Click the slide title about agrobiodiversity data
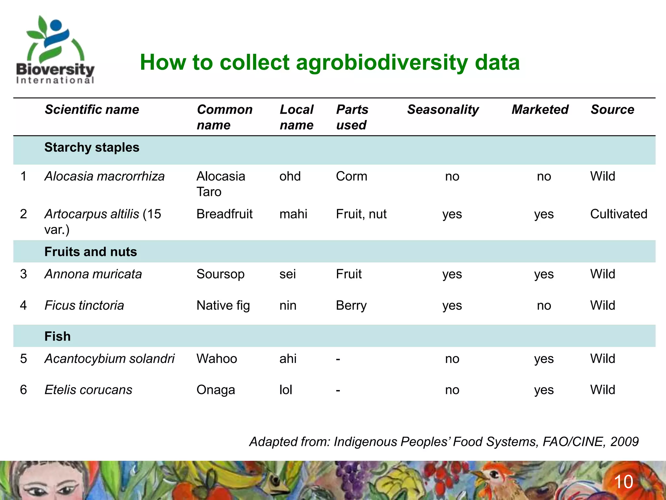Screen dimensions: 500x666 [x=329, y=62]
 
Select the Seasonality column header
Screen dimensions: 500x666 [x=443, y=109]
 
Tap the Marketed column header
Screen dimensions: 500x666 [x=540, y=109]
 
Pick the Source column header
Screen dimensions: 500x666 [x=612, y=109]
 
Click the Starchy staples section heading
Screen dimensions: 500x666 [x=92, y=147]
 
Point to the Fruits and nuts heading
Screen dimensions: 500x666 [x=90, y=252]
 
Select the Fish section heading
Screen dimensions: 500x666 [x=57, y=336]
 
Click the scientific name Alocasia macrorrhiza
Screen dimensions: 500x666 [x=104, y=176]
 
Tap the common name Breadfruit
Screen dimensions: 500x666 [x=224, y=214]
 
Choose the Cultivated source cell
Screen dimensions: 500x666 [x=619, y=214]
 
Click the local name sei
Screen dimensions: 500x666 [x=287, y=274]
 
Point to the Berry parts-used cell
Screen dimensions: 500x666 [x=351, y=305]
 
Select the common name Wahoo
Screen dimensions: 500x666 [x=217, y=359]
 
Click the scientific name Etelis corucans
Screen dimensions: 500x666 [x=88, y=390]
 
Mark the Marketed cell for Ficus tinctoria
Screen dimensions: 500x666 [x=544, y=305]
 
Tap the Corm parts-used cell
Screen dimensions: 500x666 [x=351, y=176]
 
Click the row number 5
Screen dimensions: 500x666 [x=23, y=359]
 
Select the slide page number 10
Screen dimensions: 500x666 [x=623, y=481]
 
